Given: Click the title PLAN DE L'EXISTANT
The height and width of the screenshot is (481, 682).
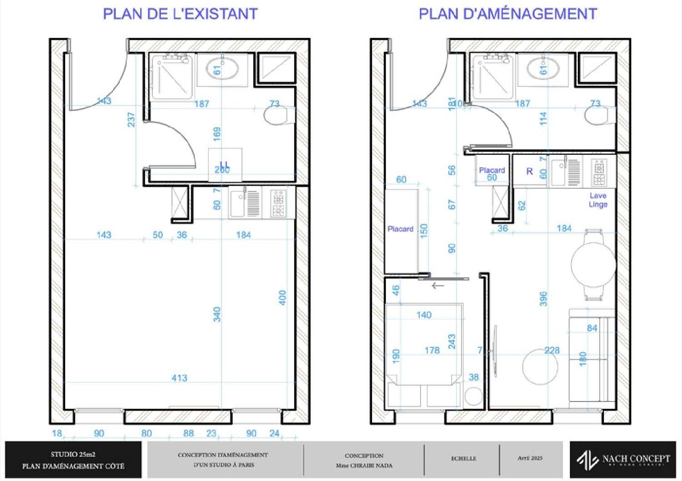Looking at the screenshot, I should coord(180,14).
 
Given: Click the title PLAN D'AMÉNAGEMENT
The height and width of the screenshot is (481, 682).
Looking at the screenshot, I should coord(507,14).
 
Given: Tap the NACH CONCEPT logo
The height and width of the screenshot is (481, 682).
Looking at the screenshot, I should coord(623,460).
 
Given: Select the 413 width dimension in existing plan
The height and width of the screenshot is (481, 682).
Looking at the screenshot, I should coord(179,378).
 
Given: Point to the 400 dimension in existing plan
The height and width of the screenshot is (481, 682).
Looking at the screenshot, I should coord(282,298).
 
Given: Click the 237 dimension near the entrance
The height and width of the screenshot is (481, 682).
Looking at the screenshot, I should coord(131,120).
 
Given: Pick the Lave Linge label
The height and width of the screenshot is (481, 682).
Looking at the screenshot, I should coord(598,200).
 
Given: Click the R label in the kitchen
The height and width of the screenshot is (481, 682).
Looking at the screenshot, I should coord(529,171).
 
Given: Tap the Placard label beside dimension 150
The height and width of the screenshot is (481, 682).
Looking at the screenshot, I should coord(400,229).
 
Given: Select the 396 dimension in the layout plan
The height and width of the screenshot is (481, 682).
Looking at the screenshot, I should coord(543,299).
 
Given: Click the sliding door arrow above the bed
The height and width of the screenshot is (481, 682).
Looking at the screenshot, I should coord(437,286).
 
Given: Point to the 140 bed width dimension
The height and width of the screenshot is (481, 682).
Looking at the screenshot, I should coord(424,315).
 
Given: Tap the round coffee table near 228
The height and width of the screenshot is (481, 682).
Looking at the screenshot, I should coord(540,367).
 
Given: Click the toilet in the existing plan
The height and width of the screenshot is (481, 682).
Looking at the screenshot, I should coord(278,115).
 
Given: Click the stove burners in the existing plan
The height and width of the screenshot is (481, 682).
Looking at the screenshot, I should coord(279,204).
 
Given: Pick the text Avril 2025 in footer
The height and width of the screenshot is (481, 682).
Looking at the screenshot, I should coord(530,458).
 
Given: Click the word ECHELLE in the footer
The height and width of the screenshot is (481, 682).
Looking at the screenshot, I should coord(463,458).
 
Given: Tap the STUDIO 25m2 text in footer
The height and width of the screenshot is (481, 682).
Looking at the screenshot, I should coord(73,454).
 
